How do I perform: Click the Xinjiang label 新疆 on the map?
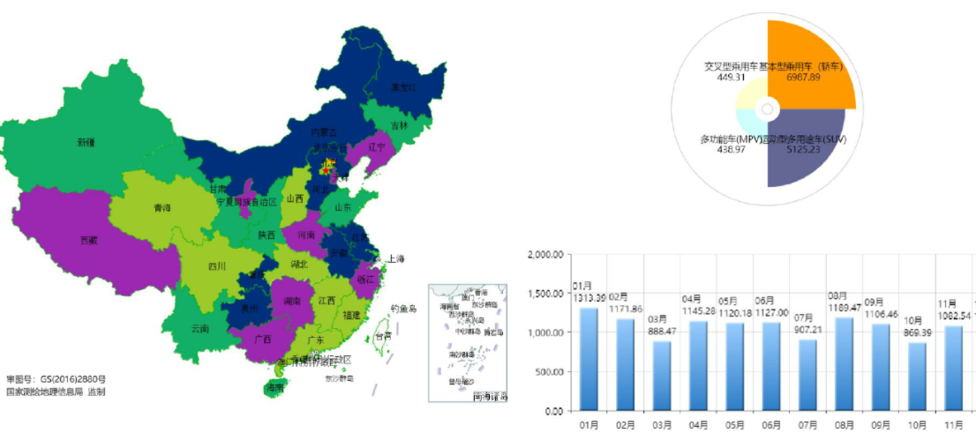click(86, 142)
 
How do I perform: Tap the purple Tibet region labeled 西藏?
click(89, 239)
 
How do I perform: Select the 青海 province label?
click(161, 208)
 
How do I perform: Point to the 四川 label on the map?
click(217, 266)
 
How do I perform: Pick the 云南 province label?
click(200, 329)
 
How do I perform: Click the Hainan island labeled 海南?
click(276, 387)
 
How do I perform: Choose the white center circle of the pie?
click(768, 109)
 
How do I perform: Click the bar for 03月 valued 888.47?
click(662, 375)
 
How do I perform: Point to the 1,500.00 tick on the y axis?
click(544, 294)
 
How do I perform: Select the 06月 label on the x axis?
click(771, 425)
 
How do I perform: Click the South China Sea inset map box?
click(467, 342)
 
